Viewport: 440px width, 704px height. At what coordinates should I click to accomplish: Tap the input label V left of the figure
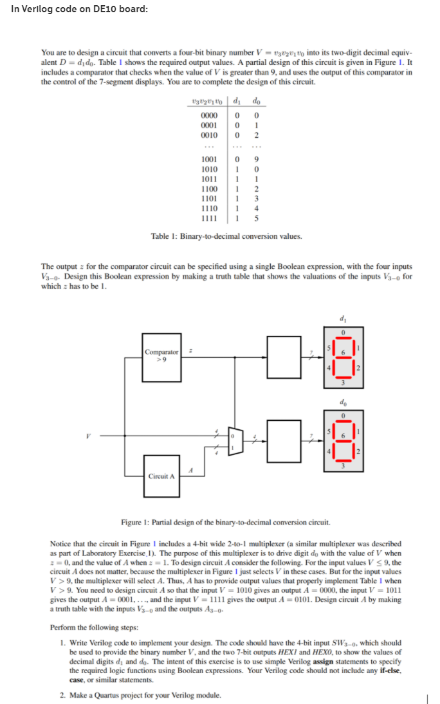click(98, 435)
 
